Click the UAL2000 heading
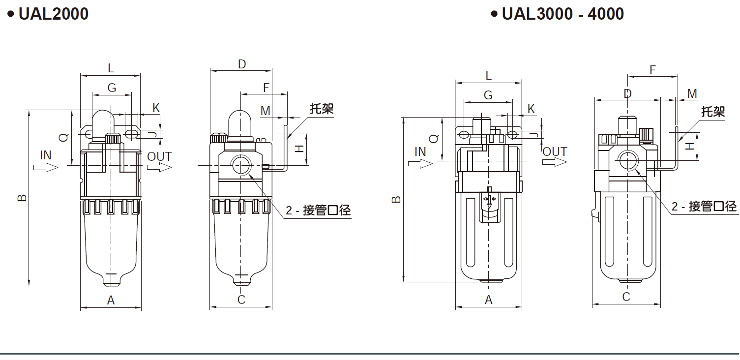point(53,14)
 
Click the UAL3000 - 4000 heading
point(562,14)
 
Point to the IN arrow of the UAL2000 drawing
point(46,167)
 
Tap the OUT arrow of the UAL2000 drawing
point(159,167)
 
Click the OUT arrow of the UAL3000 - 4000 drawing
point(555,162)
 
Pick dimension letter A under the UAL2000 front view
point(111,300)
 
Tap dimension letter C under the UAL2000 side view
point(241,300)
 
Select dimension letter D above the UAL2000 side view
point(241,64)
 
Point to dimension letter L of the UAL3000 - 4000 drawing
point(488,76)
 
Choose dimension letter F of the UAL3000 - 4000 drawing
point(652,70)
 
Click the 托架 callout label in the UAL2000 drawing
point(322,109)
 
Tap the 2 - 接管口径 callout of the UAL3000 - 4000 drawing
point(704,207)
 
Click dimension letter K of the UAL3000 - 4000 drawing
point(531,109)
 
